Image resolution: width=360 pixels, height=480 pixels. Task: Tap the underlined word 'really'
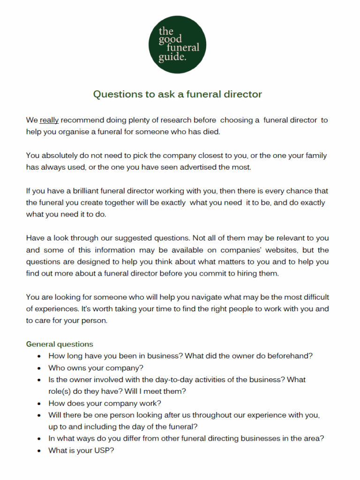coord(49,120)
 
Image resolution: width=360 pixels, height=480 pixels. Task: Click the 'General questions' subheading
coord(60,344)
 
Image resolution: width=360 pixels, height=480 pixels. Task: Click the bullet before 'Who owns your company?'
coord(39,368)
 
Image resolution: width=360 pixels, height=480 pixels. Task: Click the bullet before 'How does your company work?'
coord(39,403)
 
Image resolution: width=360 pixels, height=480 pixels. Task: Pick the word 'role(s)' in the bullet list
coord(60,391)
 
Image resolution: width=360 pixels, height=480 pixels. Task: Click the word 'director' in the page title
coord(243,94)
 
